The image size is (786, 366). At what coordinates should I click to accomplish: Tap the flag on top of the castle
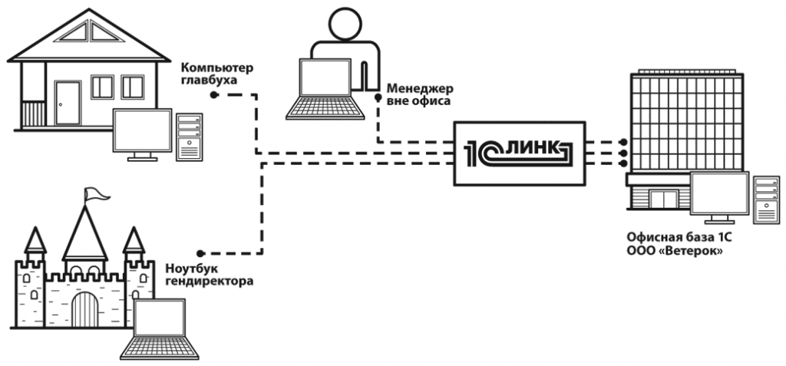(x=93, y=195)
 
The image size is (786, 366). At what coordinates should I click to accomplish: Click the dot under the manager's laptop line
(x=378, y=98)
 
